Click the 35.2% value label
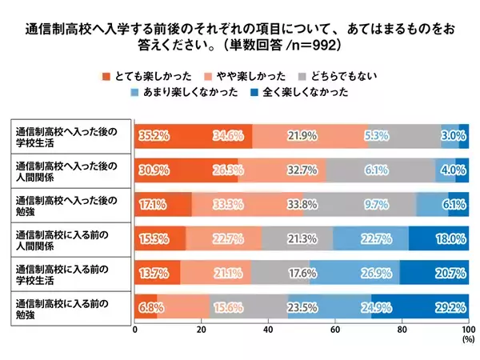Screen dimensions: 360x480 point(154,137)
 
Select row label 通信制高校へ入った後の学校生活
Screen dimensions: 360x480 point(68,137)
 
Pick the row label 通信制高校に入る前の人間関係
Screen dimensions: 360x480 point(68,238)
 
